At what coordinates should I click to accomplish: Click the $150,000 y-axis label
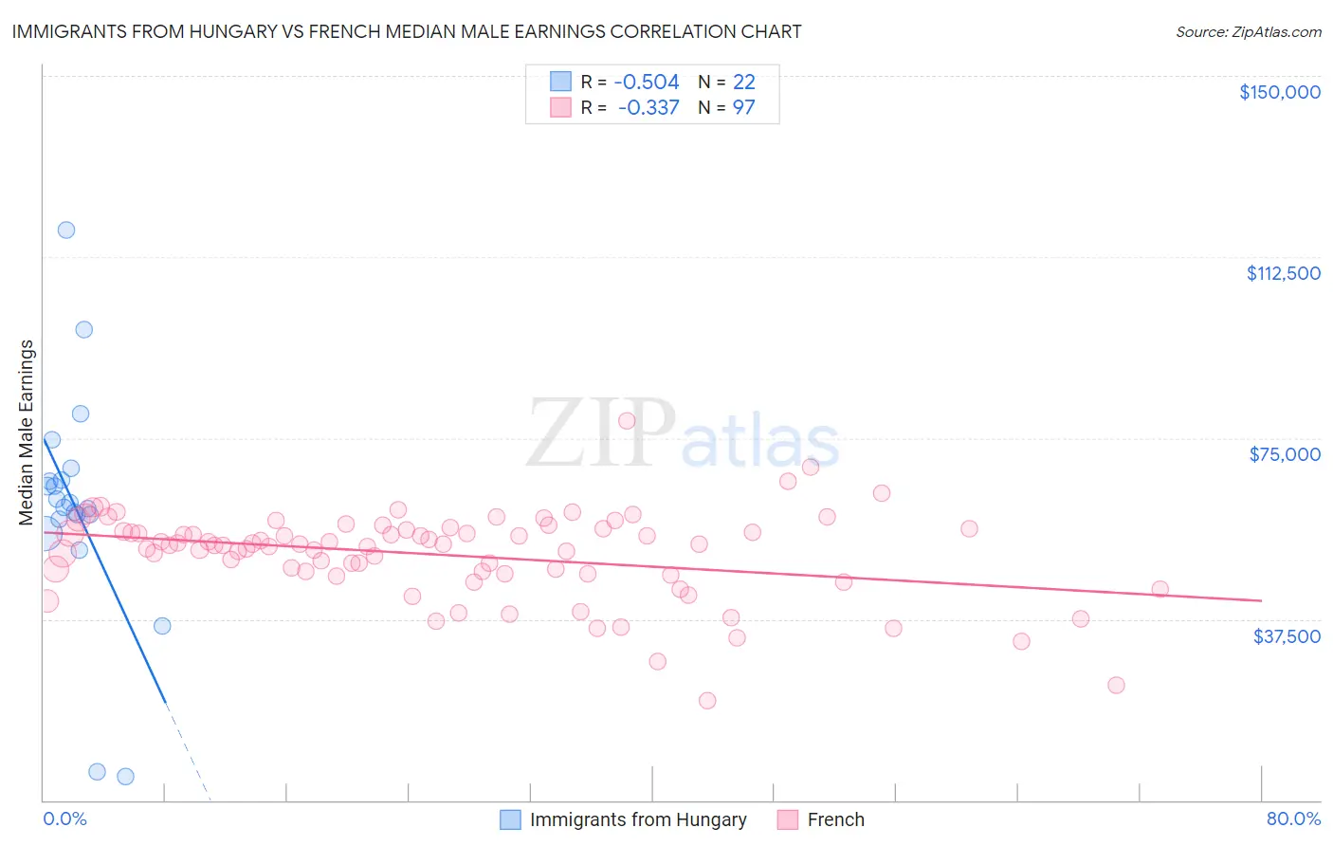[1279, 92]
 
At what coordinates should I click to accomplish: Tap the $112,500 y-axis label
[1283, 273]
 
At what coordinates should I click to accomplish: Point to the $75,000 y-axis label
[1285, 454]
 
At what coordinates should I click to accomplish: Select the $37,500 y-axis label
[1287, 636]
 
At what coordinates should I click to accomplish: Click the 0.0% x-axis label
[64, 818]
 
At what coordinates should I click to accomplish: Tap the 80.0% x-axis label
[1293, 818]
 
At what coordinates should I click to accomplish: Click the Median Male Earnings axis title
[27, 432]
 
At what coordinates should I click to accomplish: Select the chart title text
[407, 31]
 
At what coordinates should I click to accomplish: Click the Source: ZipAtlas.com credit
[1248, 32]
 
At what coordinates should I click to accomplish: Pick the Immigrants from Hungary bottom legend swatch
[511, 819]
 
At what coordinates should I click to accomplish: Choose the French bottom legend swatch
[788, 819]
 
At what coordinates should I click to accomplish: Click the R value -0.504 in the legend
[646, 82]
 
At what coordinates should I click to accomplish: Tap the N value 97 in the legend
[743, 108]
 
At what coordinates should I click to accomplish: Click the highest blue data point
[66, 230]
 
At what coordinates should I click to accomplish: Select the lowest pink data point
[707, 701]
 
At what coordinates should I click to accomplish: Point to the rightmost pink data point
[1160, 589]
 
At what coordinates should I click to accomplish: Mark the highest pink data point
[627, 421]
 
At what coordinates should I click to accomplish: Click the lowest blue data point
[125, 777]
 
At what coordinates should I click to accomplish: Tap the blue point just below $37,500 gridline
[162, 626]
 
